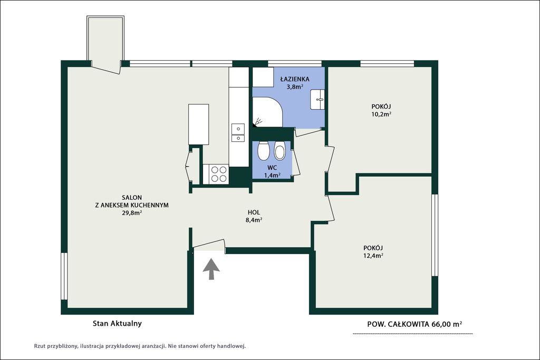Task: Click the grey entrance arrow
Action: click(211, 269)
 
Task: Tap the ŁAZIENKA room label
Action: click(294, 79)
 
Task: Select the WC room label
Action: click(272, 168)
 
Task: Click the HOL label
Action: click(254, 212)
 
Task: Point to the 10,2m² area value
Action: click(381, 114)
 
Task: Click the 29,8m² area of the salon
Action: click(132, 213)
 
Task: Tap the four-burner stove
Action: click(216, 174)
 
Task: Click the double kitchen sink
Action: click(238, 133)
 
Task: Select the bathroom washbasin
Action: click(317, 100)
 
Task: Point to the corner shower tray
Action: click(267, 112)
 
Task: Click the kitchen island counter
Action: click(199, 124)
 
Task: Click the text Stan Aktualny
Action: click(117, 324)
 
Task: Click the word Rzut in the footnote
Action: click(39, 346)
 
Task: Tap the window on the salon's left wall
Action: click(64, 276)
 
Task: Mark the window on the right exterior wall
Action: click(435, 235)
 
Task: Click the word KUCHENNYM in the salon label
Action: click(151, 205)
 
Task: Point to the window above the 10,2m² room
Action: click(387, 64)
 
